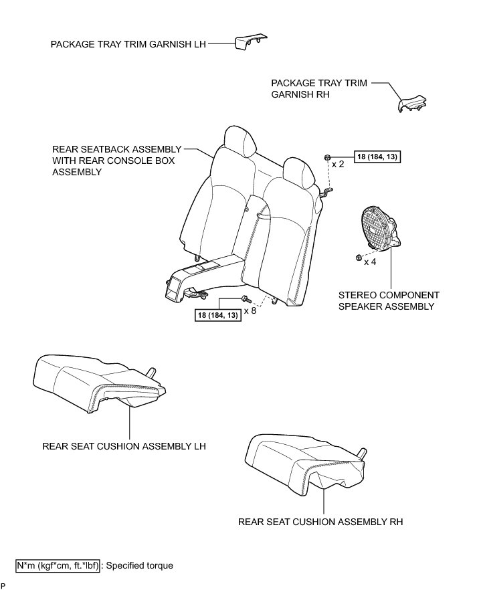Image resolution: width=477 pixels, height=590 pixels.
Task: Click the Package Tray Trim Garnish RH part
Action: (410, 102)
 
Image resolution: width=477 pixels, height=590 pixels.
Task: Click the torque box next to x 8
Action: (218, 315)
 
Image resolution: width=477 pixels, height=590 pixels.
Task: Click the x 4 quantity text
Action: (370, 262)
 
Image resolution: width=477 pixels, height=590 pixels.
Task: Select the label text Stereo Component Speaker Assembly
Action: (388, 300)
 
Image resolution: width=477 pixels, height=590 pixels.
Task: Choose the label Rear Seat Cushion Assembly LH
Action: (123, 446)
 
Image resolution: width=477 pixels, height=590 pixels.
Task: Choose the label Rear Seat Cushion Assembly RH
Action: (320, 522)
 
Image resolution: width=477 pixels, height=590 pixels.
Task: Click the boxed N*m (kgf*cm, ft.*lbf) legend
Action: (59, 566)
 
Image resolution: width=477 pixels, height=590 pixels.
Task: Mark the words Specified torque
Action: (139, 566)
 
